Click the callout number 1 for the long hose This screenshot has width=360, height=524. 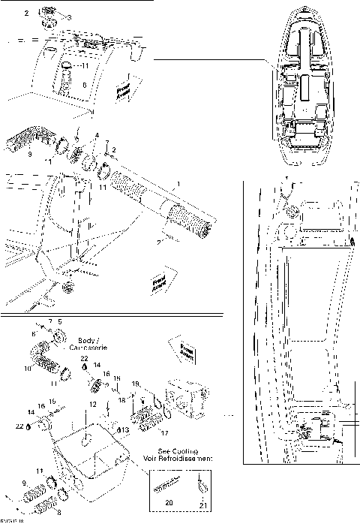point(177,183)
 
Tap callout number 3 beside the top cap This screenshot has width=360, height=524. point(70,17)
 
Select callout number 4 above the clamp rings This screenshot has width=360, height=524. point(96,135)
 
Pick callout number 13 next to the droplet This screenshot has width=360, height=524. point(126,429)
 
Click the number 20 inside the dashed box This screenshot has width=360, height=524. point(169,501)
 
